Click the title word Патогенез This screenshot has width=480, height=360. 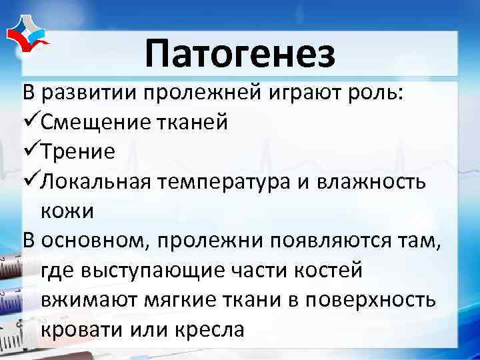click(239, 54)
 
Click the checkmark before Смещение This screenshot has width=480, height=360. click(31, 121)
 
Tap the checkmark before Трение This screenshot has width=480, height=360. click(31, 151)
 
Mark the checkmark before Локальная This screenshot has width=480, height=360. click(31, 181)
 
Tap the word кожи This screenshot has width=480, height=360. click(67, 211)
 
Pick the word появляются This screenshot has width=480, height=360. click(325, 241)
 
